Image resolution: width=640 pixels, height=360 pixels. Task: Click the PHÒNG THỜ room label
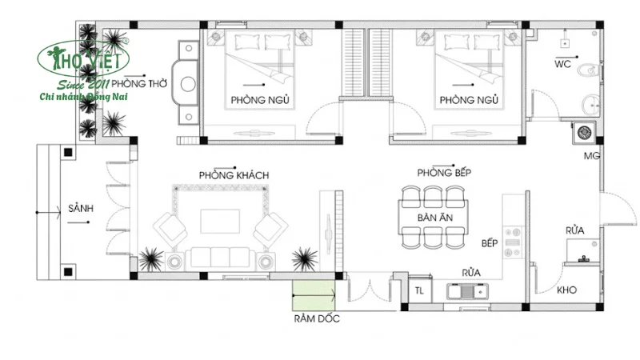tap(140, 83)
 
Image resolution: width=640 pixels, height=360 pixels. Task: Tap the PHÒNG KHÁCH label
tap(234, 174)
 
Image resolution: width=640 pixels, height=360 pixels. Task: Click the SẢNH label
tap(81, 208)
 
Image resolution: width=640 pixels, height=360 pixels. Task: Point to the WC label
tap(562, 64)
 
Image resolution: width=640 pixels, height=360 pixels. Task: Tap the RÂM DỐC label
tap(317, 319)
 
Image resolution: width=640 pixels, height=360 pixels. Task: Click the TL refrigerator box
tap(420, 290)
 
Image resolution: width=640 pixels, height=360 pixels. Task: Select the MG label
tap(592, 155)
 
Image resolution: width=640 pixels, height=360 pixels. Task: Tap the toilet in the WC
tap(590, 70)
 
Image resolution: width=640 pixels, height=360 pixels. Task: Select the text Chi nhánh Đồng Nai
tap(84, 97)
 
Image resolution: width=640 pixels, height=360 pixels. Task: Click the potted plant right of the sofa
tap(303, 258)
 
